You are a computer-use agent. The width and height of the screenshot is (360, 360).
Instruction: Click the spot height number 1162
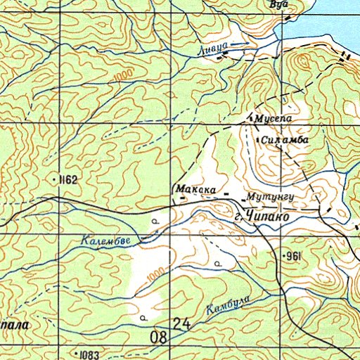point(68,180)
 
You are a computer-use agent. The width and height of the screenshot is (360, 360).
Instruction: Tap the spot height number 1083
point(88,352)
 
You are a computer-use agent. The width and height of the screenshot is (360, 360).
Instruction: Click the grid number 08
point(159,337)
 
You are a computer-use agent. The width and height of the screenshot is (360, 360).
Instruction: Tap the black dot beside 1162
point(55,181)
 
